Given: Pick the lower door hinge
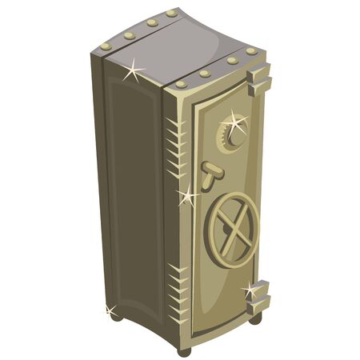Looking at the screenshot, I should click(258, 296).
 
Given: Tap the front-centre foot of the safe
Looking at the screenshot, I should click(183, 349).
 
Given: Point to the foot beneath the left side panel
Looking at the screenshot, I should click(116, 316).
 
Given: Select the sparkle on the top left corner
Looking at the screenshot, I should click(133, 71).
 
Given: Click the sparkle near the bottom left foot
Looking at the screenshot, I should click(109, 308).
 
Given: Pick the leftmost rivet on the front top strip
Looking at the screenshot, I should click(181, 82).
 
